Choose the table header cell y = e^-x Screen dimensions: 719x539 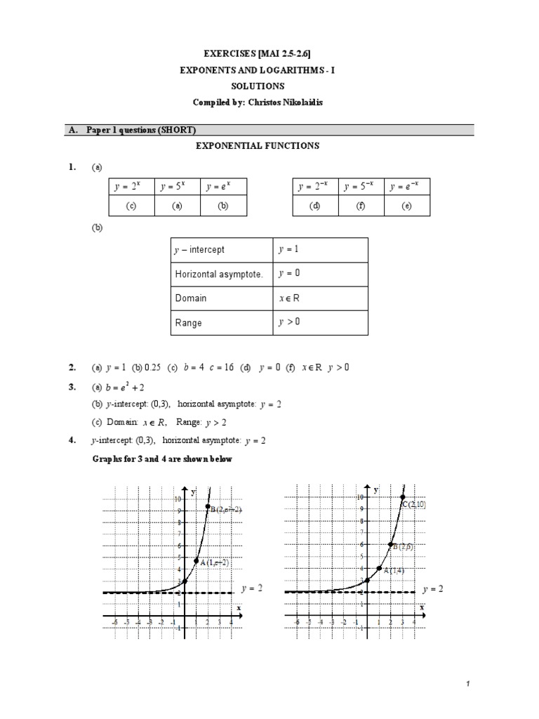click(x=407, y=187)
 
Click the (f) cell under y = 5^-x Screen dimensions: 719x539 click(x=361, y=206)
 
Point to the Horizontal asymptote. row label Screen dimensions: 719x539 click(x=219, y=274)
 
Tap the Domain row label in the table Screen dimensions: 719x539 click(x=191, y=298)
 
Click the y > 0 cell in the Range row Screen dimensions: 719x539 click(x=291, y=322)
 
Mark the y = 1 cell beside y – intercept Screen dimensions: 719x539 click(x=289, y=249)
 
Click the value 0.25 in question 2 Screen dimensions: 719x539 click(x=152, y=367)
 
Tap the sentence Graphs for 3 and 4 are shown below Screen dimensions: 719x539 click(x=162, y=459)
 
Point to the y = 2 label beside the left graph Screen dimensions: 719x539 click(x=251, y=588)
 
